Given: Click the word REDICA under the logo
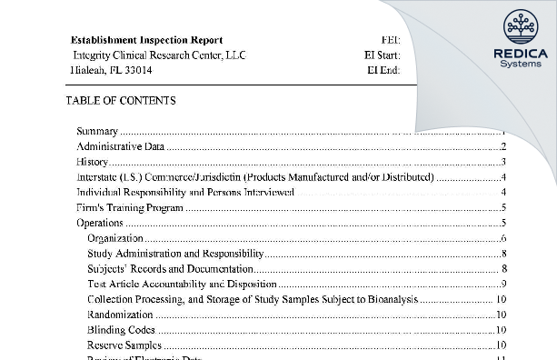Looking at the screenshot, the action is pos(519,54).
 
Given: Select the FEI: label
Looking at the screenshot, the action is pos(390,40).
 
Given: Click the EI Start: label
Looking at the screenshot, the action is pos(382,55).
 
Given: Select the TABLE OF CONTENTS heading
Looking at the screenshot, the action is pos(121,101).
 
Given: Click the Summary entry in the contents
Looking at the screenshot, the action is pos(97,132).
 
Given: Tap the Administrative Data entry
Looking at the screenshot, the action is pos(120,146).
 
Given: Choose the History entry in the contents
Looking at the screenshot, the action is pos(92,162).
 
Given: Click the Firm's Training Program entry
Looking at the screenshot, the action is pos(130,207).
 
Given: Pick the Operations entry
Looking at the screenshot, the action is pos(100,223).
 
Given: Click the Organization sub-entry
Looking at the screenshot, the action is pos(115,238).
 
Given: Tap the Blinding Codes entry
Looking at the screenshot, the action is pos(121,330).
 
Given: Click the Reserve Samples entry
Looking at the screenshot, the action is pos(124,345).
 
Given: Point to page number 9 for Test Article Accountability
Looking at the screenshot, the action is pos(502,284).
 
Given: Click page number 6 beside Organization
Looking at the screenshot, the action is pos(502,238).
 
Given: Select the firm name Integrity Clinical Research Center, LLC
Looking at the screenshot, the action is pos(157,55).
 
